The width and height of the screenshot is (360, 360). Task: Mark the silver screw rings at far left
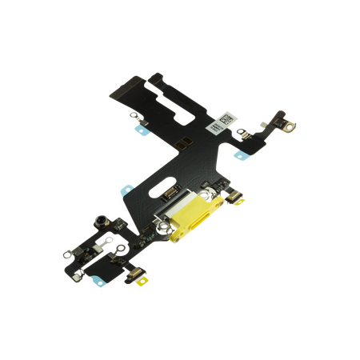[x=66, y=255]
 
